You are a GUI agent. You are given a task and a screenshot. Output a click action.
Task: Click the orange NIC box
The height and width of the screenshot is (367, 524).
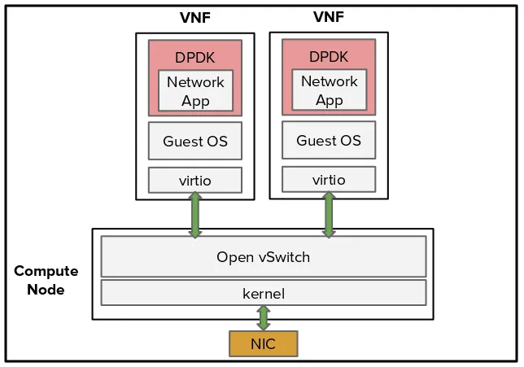(x=263, y=343)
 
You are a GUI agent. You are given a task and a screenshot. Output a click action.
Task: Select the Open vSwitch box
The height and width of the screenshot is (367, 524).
(x=263, y=257)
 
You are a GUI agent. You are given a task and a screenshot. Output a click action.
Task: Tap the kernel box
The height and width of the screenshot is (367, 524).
(x=263, y=292)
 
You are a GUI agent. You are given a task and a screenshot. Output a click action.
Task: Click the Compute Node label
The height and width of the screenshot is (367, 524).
(x=46, y=280)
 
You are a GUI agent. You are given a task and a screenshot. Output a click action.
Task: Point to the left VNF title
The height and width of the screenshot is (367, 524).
(x=195, y=18)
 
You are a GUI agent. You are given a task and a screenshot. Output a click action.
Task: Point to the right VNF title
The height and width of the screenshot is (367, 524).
(x=329, y=16)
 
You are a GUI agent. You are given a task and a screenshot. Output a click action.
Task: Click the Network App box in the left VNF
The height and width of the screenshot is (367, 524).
(x=195, y=91)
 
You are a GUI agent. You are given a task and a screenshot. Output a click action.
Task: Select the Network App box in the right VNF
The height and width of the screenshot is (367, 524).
(x=329, y=90)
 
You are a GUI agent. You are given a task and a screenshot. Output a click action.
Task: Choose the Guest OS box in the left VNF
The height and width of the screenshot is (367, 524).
(x=195, y=142)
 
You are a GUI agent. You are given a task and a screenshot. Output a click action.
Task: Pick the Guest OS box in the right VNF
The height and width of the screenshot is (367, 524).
(x=329, y=140)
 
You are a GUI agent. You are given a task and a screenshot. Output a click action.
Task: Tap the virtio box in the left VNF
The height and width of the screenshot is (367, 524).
(x=195, y=180)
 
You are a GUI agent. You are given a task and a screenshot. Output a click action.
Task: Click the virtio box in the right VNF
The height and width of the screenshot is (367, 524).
(x=329, y=179)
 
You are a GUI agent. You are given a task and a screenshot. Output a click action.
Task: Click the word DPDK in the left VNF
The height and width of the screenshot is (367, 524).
(x=195, y=57)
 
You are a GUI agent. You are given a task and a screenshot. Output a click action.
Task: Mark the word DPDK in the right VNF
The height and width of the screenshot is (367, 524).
(x=329, y=56)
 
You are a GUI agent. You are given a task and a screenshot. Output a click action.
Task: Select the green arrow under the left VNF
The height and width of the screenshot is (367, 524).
(x=195, y=216)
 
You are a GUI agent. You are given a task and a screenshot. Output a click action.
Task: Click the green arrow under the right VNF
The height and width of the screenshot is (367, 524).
(x=329, y=216)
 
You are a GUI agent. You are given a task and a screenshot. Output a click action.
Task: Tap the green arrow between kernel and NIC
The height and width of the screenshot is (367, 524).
(x=263, y=317)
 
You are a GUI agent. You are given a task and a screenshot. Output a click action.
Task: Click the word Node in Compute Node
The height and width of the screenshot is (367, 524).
(x=46, y=289)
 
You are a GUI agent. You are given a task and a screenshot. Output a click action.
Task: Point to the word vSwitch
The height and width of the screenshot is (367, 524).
(x=284, y=257)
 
